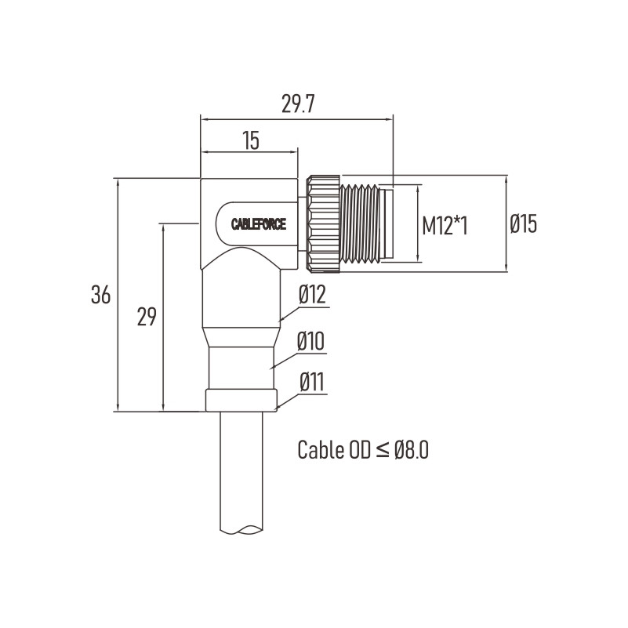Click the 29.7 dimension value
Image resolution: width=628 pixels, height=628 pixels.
coord(298,104)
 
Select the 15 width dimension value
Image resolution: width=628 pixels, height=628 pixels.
coord(251,140)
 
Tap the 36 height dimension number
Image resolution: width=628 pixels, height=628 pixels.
coord(100,295)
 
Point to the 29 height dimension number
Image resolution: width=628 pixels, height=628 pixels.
coord(146,317)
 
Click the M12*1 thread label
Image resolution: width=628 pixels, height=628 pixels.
coord(445,225)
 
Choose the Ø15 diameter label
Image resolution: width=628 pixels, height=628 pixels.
coord(523,224)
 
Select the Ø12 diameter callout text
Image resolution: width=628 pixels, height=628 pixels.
coord(312,295)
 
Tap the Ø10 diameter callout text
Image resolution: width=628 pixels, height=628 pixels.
coord(310,342)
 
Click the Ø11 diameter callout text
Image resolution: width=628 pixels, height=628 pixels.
coord(311,382)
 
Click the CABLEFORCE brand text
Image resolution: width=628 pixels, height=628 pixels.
coord(259,224)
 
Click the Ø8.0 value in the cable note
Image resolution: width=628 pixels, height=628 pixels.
coord(412,449)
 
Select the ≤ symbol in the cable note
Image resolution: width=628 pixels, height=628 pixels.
coord(383,451)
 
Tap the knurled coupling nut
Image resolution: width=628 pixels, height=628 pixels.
coord(323,224)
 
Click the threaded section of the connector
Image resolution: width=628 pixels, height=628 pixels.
coord(359,224)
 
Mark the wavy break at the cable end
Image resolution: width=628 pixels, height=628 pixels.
coord(241,529)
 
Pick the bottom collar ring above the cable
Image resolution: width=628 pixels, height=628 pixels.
coord(241,400)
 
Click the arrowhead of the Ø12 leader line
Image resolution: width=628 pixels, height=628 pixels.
coord(281,320)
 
